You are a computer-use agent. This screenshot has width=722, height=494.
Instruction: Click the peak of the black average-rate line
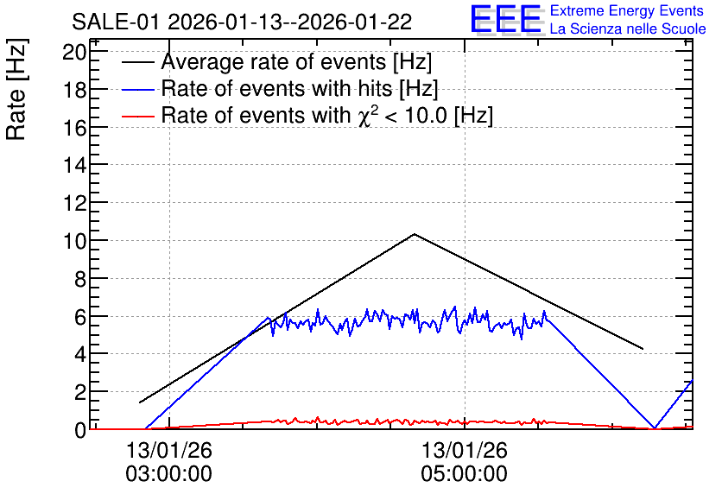click(x=415, y=234)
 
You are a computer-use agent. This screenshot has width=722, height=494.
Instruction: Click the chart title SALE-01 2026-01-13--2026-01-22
click(x=242, y=22)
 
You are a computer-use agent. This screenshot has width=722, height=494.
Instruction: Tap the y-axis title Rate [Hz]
click(x=16, y=89)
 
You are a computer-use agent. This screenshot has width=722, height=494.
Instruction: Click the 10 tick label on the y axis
click(x=74, y=241)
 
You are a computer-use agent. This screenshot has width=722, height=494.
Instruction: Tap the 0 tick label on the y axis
click(x=80, y=430)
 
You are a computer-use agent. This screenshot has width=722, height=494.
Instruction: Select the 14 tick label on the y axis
click(x=74, y=165)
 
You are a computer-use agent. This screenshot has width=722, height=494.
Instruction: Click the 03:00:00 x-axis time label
click(x=169, y=473)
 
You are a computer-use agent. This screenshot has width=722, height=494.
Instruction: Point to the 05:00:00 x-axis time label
click(x=464, y=473)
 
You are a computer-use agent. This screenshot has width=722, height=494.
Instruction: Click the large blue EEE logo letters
click(x=505, y=20)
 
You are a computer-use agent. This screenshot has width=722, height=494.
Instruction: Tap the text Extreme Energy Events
click(x=627, y=10)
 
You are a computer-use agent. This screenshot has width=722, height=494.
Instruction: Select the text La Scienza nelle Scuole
click(x=628, y=28)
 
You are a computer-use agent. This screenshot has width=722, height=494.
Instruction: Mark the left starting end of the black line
click(x=140, y=402)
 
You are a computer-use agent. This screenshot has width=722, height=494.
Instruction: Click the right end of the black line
click(x=643, y=349)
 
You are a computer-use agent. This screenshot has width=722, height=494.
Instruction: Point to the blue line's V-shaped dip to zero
click(x=655, y=428)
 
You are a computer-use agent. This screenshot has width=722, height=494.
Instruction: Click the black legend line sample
click(x=138, y=62)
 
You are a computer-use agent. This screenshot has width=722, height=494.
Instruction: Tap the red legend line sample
click(x=138, y=116)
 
